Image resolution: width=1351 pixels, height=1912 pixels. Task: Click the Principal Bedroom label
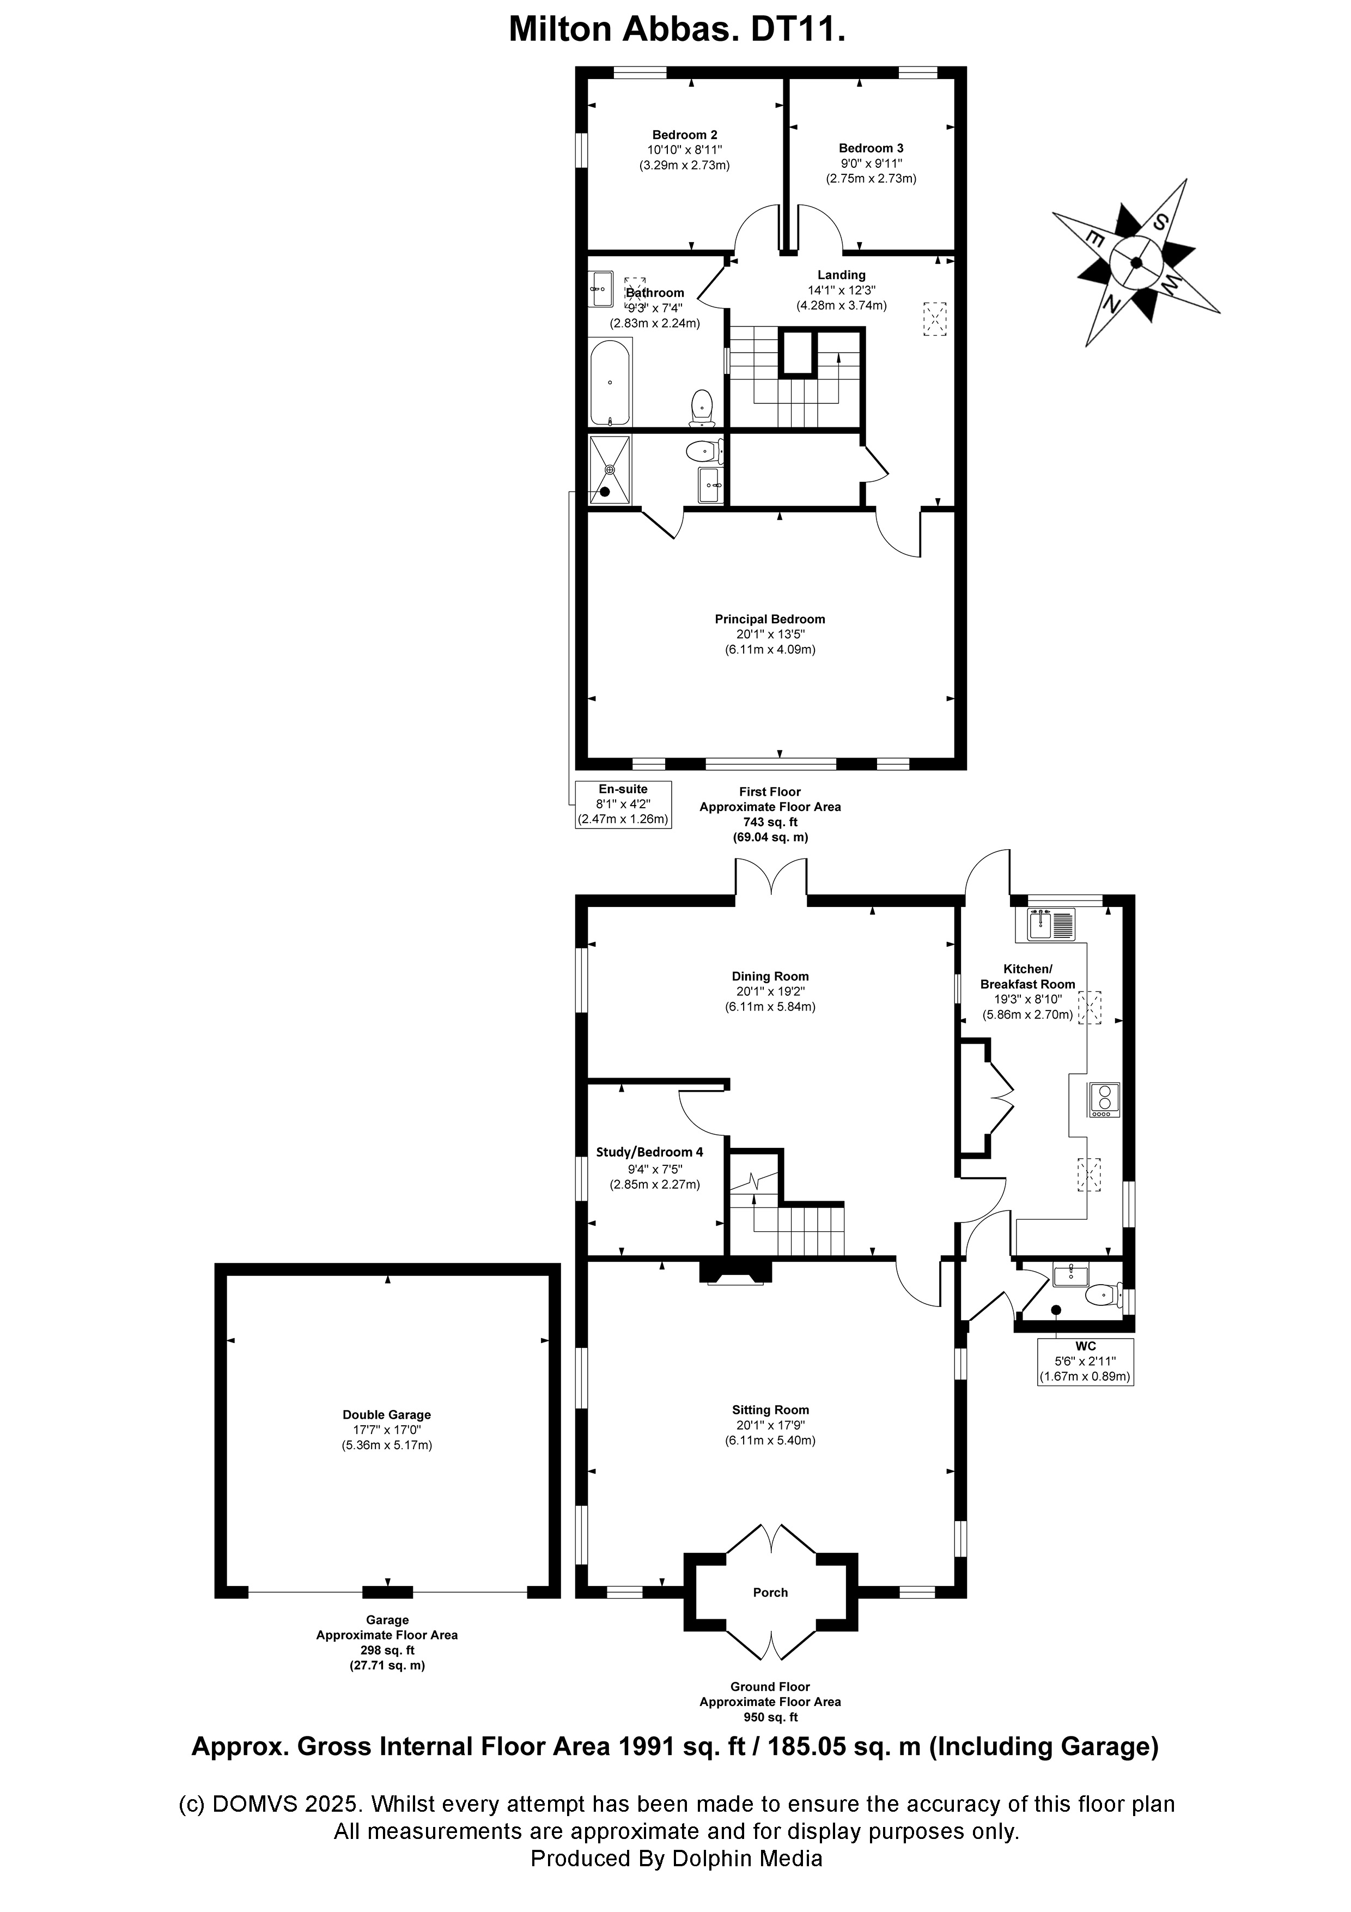770,619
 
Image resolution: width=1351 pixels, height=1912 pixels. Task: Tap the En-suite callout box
623,803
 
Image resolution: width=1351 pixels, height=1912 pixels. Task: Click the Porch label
770,1592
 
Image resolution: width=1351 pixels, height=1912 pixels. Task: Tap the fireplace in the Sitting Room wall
736,1274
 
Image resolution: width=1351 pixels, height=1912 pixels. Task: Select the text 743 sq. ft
770,822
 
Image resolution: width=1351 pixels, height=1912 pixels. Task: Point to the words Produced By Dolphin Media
677,1858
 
